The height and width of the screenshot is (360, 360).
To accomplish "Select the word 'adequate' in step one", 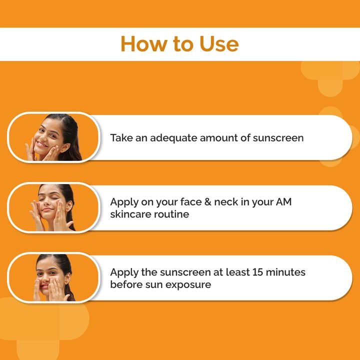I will point(172,137).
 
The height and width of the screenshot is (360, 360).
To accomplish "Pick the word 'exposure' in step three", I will point(188,284).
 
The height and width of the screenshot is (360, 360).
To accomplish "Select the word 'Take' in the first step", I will point(121,137).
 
